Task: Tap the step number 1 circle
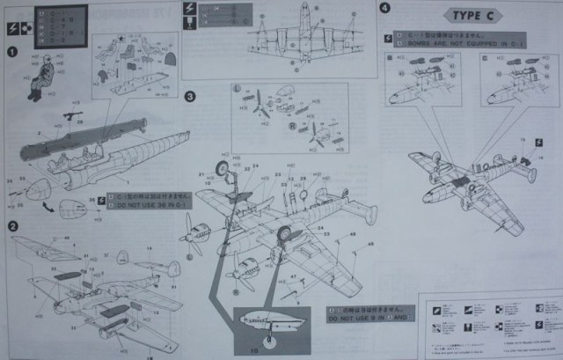coord(12,52)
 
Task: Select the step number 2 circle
coord(12,226)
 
